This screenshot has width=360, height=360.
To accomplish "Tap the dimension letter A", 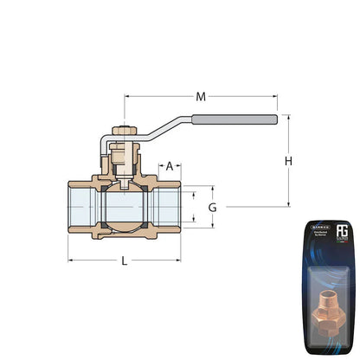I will coord(170,164).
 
